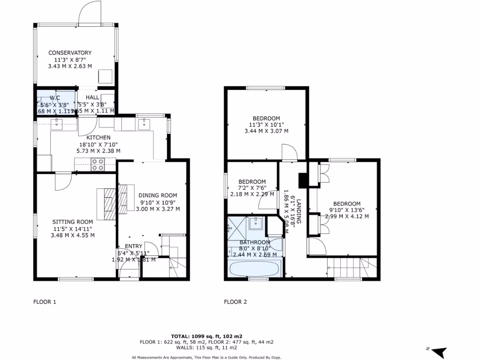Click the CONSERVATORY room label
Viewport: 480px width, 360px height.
click(70, 52)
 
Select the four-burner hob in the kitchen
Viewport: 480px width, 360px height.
click(98, 164)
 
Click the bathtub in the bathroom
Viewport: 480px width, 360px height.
click(254, 270)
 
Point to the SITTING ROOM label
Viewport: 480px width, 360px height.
click(73, 221)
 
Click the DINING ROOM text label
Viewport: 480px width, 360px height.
click(157, 195)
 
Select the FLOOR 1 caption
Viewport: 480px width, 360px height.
click(45, 302)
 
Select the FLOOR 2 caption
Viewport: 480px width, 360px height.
click(235, 302)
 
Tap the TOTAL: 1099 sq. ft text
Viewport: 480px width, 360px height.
click(206, 336)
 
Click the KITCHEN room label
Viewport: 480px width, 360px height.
click(98, 137)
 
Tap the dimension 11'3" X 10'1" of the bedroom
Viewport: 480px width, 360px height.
click(266, 125)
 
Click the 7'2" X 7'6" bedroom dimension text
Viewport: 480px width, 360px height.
click(252, 188)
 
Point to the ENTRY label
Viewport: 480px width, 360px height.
click(133, 246)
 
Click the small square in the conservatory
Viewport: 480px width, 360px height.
click(105, 76)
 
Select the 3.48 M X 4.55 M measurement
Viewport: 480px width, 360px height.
click(73, 235)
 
